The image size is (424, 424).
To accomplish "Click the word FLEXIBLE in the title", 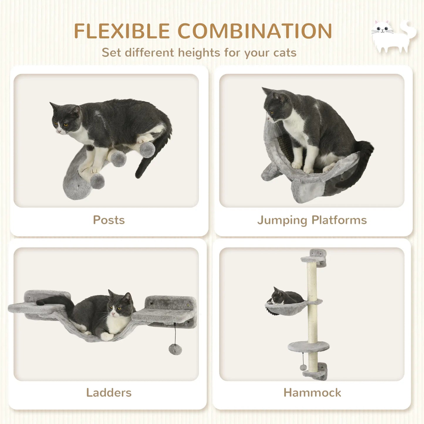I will pyautogui.click(x=122, y=31).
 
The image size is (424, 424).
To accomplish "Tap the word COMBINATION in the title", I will pyautogui.click(x=255, y=31).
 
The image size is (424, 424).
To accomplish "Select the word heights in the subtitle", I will pyautogui.click(x=199, y=53).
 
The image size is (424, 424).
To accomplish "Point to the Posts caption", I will pyautogui.click(x=109, y=220).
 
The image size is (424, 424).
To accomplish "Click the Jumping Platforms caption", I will pyautogui.click(x=312, y=220).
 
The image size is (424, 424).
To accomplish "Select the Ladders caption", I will pyautogui.click(x=109, y=393).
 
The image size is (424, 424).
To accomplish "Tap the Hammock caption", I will pyautogui.click(x=312, y=393).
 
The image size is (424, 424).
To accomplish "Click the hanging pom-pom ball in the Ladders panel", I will pyautogui.click(x=175, y=349).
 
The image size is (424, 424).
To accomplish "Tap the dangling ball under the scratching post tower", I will pyautogui.click(x=303, y=367).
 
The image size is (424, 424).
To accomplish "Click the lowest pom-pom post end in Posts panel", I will pyautogui.click(x=97, y=181).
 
